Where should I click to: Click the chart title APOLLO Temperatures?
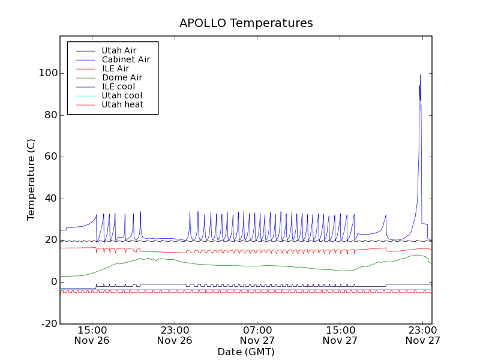pos(246,23)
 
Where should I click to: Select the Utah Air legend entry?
pos(120,50)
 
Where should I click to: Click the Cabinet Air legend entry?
pos(125,59)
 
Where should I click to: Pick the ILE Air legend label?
pos(115,68)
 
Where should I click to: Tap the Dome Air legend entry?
pos(122,77)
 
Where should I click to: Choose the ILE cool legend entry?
pos(118,86)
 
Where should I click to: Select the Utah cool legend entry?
pos(122,95)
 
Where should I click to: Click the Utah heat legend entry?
pos(122,104)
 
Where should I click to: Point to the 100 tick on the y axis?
pos(48,73)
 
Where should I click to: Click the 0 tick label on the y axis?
pos(53,282)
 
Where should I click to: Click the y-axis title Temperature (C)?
pos(31,179)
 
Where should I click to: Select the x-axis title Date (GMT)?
pos(246,352)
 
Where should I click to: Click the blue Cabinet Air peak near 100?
pos(421,75)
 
